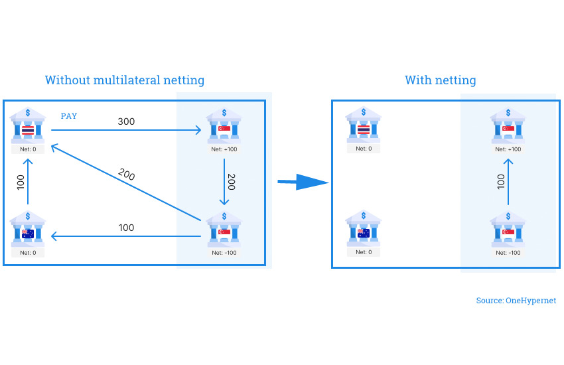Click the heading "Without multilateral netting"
[125, 80]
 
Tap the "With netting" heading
[441, 80]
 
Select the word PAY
[69, 116]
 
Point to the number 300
[126, 121]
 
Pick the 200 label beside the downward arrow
[231, 182]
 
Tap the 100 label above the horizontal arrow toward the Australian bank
[126, 228]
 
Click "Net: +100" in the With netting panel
[508, 149]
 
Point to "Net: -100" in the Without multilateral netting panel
[224, 252]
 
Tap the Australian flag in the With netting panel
[364, 233]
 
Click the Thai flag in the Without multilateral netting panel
[28, 130]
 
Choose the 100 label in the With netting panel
[501, 182]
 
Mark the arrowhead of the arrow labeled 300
[198, 131]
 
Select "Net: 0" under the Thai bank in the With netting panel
[364, 149]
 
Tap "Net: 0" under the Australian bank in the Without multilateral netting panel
[28, 252]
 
